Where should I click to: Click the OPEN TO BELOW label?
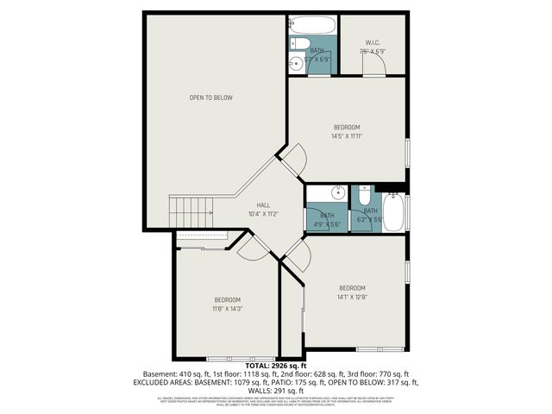point(211,97)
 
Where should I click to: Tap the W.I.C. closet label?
point(373,43)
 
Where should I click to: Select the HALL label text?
point(263,204)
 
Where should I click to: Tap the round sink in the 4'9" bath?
point(339,192)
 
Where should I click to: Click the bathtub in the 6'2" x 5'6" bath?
point(393,213)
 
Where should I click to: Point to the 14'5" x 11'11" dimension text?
point(347,135)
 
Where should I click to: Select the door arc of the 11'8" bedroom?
point(253,248)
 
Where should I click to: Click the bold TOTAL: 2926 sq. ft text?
point(275,367)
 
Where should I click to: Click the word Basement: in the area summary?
point(160,374)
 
